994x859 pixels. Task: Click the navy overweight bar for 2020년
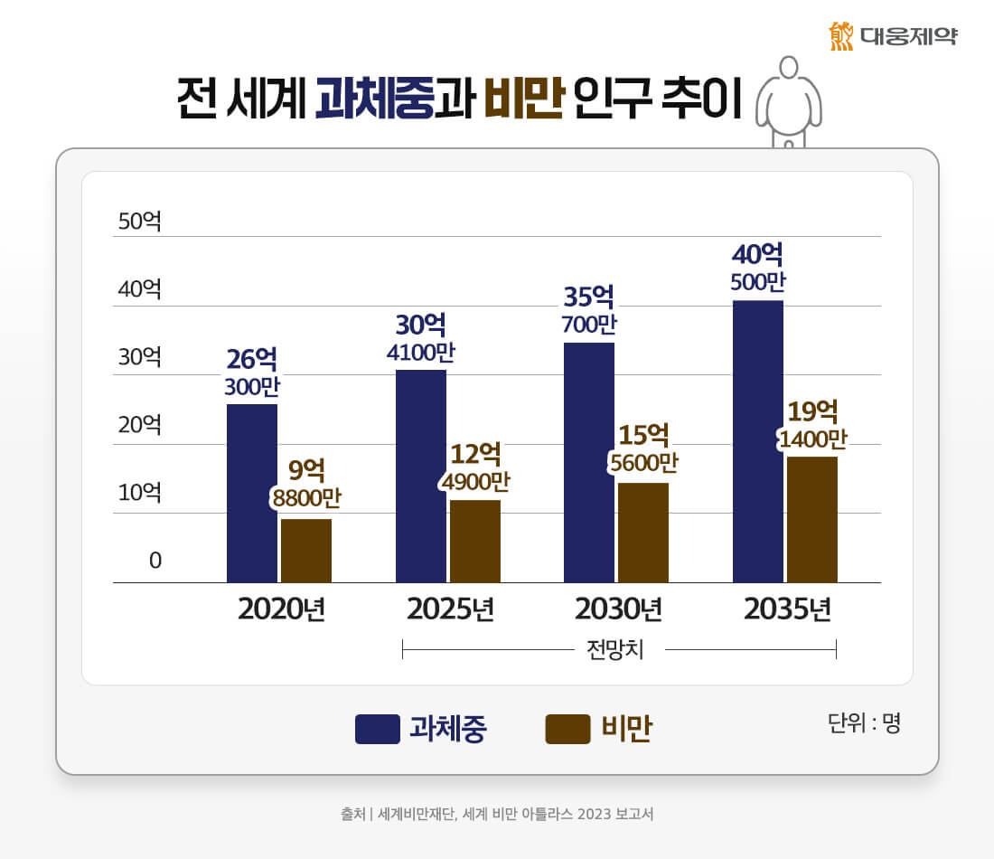(x=252, y=493)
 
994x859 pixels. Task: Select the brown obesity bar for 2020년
(x=306, y=551)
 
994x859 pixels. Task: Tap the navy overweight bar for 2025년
(x=421, y=476)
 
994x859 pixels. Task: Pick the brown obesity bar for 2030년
(x=643, y=533)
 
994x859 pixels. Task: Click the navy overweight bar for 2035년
(x=758, y=441)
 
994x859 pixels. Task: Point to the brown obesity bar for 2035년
(x=812, y=519)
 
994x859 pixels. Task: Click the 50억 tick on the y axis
(x=139, y=221)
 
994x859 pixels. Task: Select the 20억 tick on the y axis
(x=139, y=425)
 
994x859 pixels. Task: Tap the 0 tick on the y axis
(x=155, y=561)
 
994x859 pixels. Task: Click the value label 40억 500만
(x=758, y=267)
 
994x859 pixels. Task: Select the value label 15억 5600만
(x=643, y=448)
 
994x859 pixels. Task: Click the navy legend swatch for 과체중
(x=378, y=729)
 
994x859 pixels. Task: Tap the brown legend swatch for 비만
(x=567, y=729)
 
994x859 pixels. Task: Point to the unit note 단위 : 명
(x=864, y=723)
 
